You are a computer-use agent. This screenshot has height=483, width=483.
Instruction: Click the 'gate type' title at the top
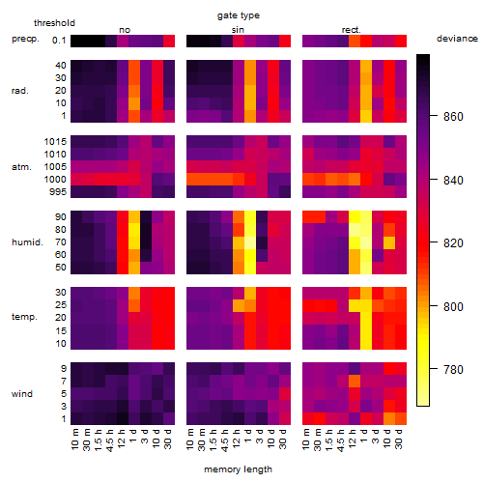click(x=239, y=15)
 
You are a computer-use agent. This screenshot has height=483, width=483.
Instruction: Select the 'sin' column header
click(x=238, y=30)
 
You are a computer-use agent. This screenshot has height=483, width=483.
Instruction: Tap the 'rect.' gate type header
click(x=352, y=30)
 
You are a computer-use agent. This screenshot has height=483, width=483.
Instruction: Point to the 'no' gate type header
click(x=125, y=30)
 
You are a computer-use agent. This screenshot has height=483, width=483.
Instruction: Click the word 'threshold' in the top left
click(x=54, y=23)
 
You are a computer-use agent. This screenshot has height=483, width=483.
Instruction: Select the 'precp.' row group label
click(x=25, y=39)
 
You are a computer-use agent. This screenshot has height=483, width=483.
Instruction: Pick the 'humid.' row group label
click(x=27, y=241)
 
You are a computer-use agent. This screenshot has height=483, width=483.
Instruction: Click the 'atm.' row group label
click(x=21, y=167)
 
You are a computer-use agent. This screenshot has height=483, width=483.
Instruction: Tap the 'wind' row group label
click(x=22, y=394)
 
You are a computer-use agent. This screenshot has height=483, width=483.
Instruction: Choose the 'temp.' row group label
click(x=24, y=317)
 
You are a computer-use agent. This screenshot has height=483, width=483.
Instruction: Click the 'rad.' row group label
click(x=20, y=91)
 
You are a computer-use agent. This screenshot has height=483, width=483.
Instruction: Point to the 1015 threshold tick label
click(x=55, y=141)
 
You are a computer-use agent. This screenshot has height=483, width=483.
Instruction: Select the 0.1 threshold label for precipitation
click(x=59, y=41)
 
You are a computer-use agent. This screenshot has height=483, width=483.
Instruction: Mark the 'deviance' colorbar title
click(x=457, y=39)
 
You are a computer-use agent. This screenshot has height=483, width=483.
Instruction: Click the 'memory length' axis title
click(x=238, y=469)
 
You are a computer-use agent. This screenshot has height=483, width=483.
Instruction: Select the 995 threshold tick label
click(x=58, y=191)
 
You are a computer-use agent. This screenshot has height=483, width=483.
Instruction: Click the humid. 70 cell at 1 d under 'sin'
click(x=250, y=242)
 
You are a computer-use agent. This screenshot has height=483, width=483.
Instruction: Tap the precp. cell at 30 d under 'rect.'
click(x=401, y=41)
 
